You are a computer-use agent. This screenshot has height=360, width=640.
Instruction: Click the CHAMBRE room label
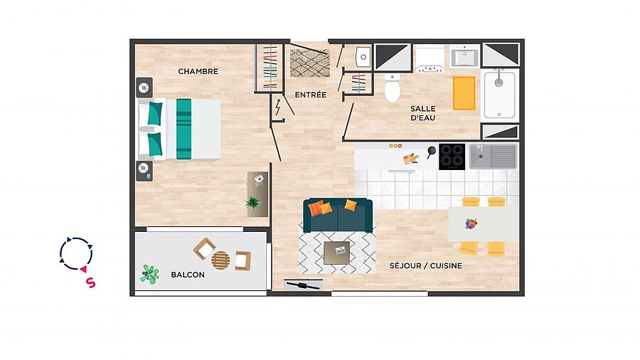pos(198,71)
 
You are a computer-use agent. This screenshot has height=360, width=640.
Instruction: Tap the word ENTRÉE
pos(311,95)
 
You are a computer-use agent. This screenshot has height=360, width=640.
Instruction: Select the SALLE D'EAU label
pos(423,113)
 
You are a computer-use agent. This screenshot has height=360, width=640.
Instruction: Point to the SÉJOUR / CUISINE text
pos(426,265)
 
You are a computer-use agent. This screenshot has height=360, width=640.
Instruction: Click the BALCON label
pos(188,275)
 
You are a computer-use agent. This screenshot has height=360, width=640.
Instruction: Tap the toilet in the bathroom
pos(392,88)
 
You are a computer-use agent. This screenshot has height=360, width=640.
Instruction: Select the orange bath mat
pos(464,93)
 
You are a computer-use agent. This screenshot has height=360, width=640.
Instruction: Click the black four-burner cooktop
pos(452,157)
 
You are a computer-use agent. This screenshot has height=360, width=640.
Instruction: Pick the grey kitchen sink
pos(493,157)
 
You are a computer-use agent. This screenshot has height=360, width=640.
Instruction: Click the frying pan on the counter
pos(431,152)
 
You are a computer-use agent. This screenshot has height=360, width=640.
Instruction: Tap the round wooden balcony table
pos(220,260)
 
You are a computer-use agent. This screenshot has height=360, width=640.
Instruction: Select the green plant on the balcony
pos(150,274)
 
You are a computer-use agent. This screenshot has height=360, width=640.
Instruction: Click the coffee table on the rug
pos(337,253)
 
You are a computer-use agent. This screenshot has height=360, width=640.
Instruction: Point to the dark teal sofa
pos(338,215)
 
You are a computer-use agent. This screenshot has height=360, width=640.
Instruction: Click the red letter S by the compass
pos(90,282)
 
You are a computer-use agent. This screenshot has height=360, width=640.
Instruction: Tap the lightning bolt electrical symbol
pos(278,107)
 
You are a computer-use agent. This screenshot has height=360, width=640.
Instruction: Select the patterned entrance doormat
pos(310,63)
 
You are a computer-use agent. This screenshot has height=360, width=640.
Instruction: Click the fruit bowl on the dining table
pos(471,223)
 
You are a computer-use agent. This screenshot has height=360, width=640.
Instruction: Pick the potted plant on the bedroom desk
pos(253,202)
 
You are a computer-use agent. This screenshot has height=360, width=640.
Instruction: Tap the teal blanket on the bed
pos(183,129)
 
